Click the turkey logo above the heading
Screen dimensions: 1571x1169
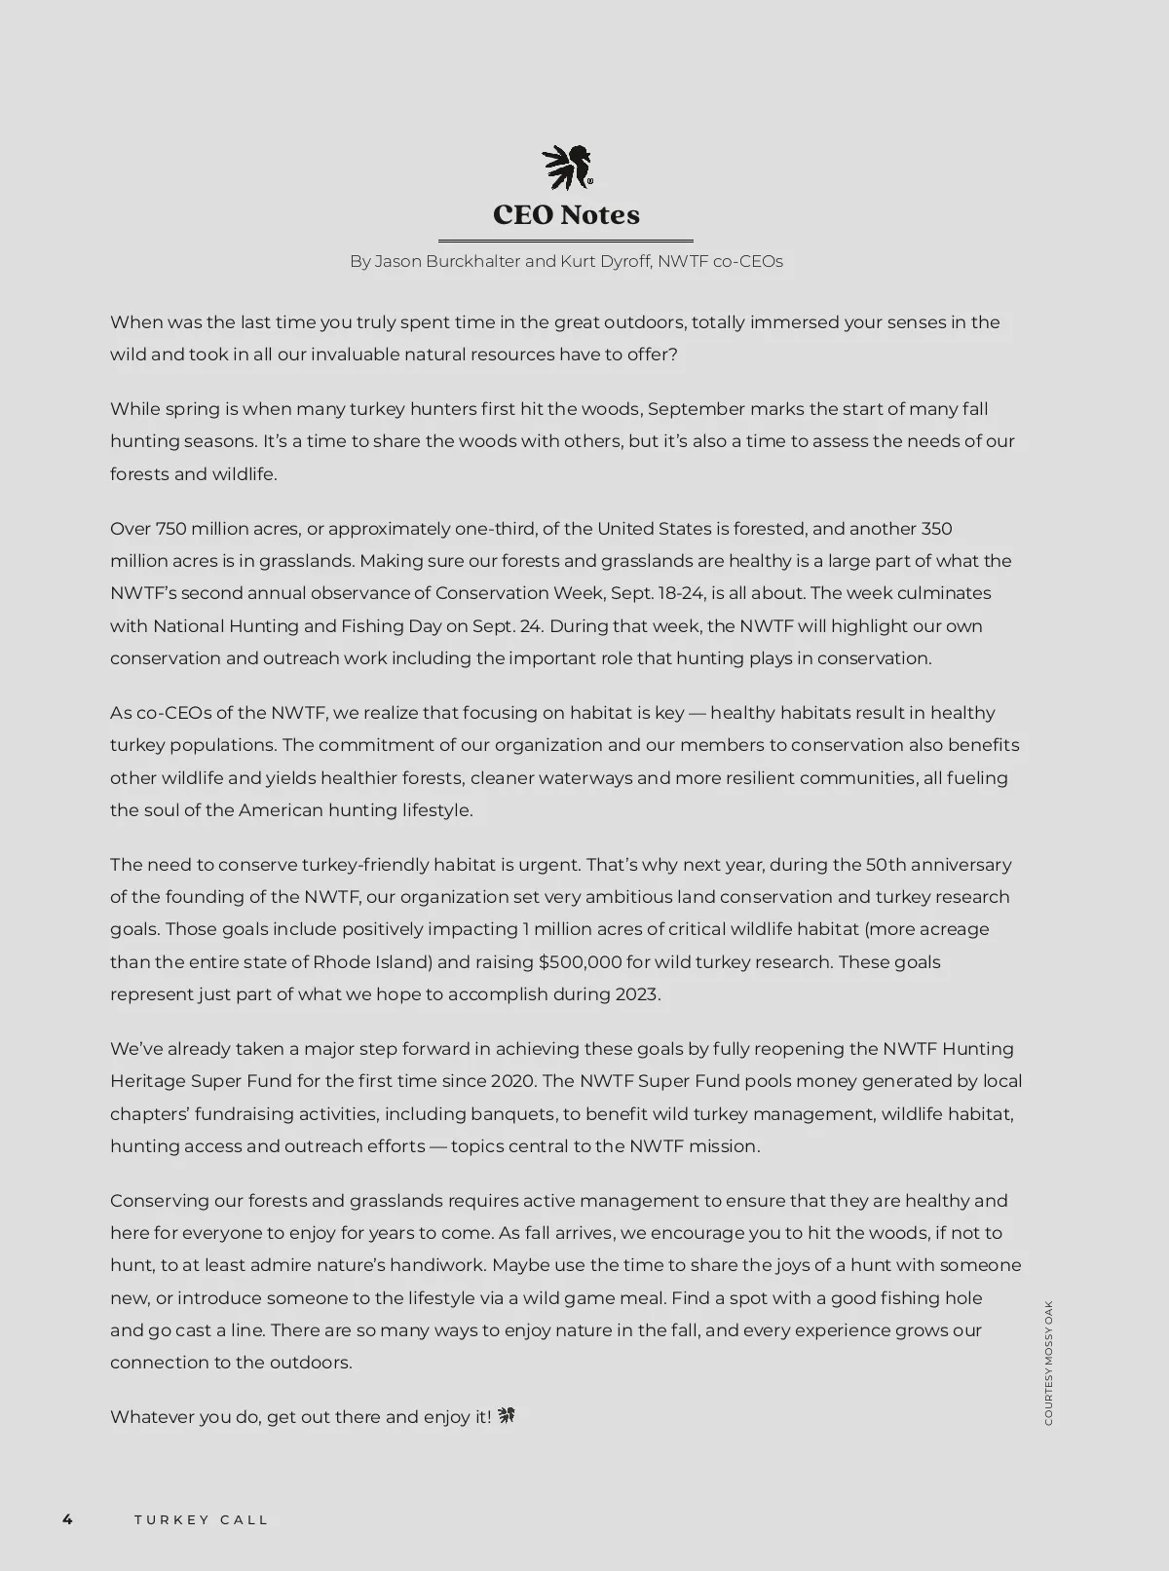pyautogui.click(x=567, y=167)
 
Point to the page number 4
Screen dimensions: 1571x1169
pyautogui.click(x=67, y=1519)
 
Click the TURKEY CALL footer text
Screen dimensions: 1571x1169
pyautogui.click(x=202, y=1520)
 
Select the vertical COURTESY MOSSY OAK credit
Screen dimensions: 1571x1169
pyautogui.click(x=1048, y=1363)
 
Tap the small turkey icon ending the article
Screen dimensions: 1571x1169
pyautogui.click(x=507, y=1416)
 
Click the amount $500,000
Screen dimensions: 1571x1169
pyautogui.click(x=580, y=962)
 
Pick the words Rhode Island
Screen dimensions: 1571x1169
pyautogui.click(x=372, y=962)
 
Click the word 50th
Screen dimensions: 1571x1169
pyautogui.click(x=886, y=865)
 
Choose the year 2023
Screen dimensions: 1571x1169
pyautogui.click(x=636, y=994)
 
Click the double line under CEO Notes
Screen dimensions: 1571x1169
pyautogui.click(x=566, y=241)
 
